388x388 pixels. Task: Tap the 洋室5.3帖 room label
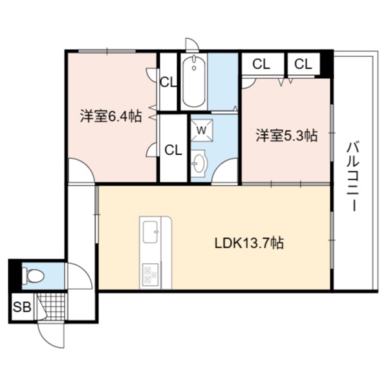286,135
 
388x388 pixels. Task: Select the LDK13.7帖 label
249,242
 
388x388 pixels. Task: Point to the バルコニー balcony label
352,177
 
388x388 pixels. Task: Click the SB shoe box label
22,307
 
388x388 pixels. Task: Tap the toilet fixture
33,275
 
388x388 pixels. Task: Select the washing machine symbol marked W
202,130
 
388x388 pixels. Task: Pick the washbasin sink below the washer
199,164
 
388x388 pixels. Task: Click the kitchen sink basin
151,232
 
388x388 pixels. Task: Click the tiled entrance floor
52,307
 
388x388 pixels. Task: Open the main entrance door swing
51,335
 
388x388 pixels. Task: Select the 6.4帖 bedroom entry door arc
81,171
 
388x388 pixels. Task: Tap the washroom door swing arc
224,171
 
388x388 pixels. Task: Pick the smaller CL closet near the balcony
303,64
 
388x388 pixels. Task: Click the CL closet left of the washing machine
173,149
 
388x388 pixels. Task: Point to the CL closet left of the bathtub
168,81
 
